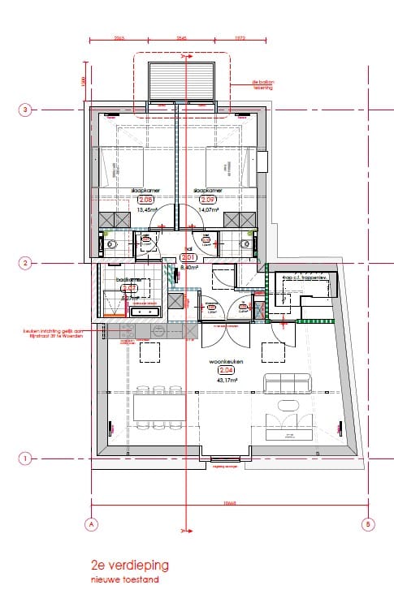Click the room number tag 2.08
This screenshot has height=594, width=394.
(147, 200)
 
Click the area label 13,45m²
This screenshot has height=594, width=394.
(147, 209)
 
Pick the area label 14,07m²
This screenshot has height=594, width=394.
(207, 209)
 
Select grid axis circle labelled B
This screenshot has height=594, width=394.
(367, 524)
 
